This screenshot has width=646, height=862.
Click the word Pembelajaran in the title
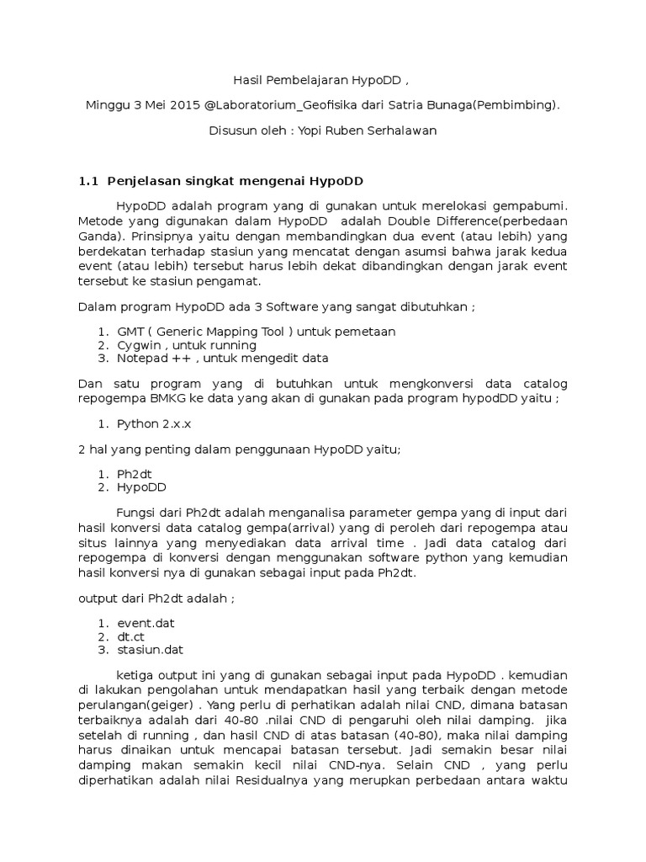303,81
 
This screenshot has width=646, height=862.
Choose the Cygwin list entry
140,345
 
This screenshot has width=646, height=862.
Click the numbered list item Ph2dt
135,474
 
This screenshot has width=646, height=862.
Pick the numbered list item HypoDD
141,487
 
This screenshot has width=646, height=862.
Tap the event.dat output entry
146,624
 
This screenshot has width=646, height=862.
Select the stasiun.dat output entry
150,650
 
